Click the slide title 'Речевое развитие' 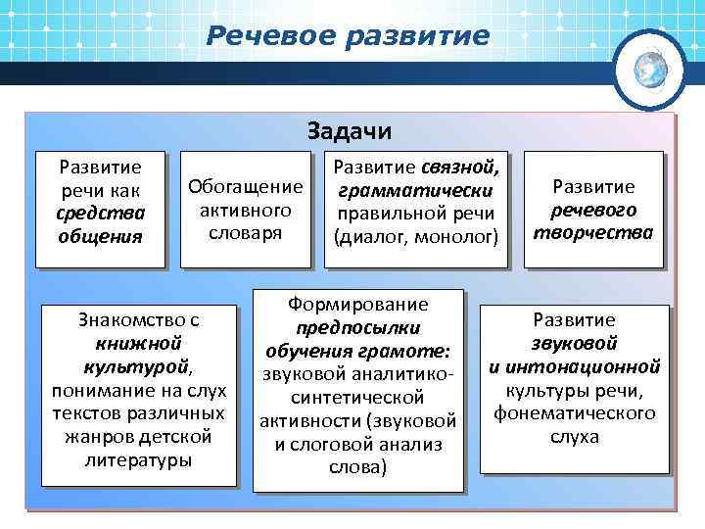[348, 37]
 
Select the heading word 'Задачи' [350, 131]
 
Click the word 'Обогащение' [245, 186]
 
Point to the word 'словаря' [245, 233]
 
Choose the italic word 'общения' [100, 236]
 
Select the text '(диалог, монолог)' [416, 236]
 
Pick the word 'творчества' [593, 233]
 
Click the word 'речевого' [593, 210]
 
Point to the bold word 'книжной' [138, 343]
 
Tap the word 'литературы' [138, 459]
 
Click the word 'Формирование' [358, 305]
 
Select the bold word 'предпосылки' [357, 328]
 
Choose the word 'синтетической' [357, 398]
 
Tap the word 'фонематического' [574, 413]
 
